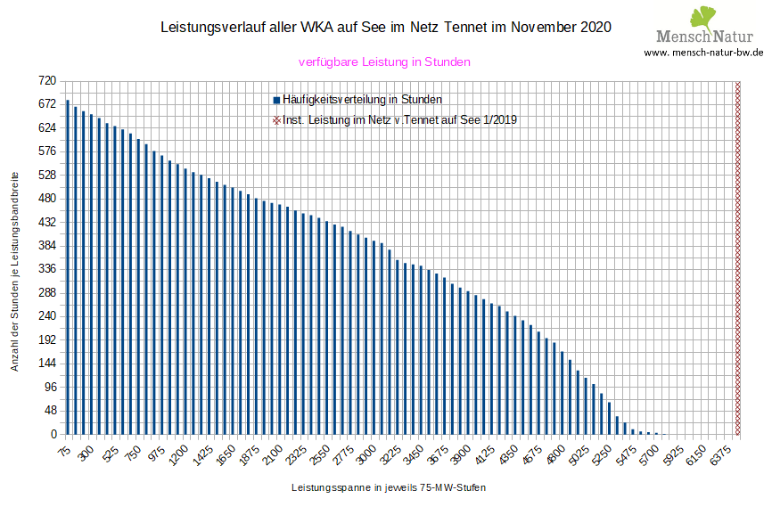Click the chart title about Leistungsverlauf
385,28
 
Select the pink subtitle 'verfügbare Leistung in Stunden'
383,62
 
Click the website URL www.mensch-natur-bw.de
703,52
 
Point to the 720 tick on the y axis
46,81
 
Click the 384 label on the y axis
46,246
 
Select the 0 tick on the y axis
53,435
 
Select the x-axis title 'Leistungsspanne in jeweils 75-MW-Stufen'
388,488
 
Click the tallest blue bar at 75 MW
68,267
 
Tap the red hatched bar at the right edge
737,258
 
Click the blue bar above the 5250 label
610,419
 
